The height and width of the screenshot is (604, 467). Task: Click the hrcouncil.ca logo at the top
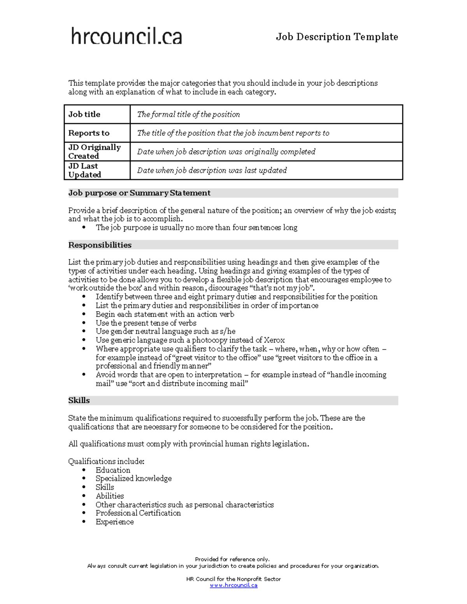click(x=126, y=36)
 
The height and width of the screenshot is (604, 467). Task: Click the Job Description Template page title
click(x=337, y=37)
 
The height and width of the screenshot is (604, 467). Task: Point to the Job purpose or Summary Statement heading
click(x=139, y=193)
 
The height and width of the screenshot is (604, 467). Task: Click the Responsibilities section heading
click(x=100, y=245)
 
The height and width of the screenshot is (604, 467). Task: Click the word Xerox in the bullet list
click(x=274, y=340)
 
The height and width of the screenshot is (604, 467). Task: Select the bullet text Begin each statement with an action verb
click(x=165, y=314)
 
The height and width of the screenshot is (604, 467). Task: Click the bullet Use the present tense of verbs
click(x=146, y=323)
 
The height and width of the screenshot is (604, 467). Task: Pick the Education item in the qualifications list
click(x=113, y=470)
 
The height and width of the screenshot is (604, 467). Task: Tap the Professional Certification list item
click(x=138, y=513)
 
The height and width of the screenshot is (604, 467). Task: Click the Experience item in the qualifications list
click(x=115, y=522)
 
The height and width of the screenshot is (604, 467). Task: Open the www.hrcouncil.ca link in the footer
click(x=233, y=585)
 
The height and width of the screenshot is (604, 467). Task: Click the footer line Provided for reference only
click(x=232, y=559)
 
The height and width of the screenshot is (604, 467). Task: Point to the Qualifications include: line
click(x=106, y=462)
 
